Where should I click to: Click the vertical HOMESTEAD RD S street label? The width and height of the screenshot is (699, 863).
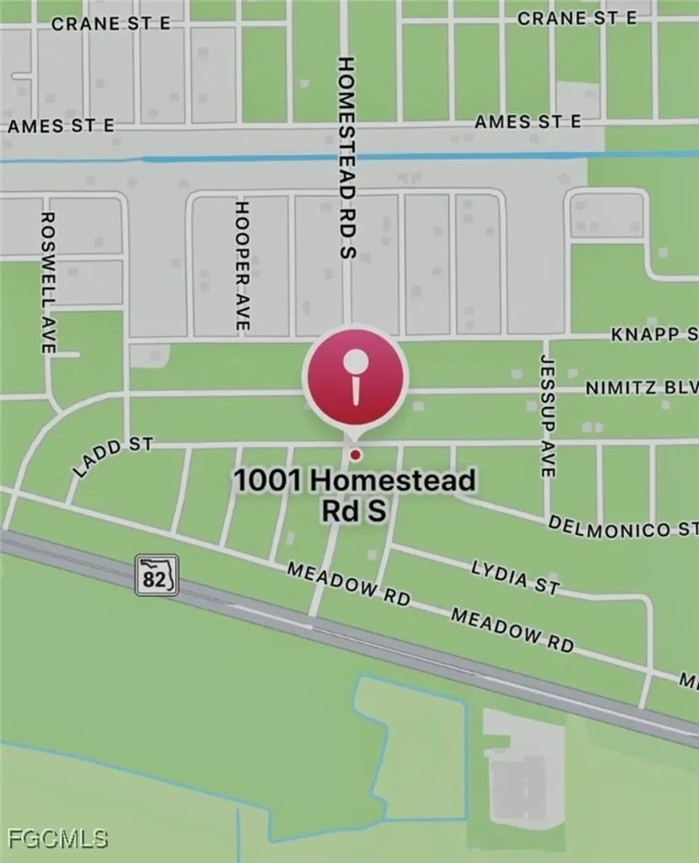tap(347, 158)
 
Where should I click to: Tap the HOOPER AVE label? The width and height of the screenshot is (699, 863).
tap(242, 265)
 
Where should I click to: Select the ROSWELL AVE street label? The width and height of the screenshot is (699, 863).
tap(48, 282)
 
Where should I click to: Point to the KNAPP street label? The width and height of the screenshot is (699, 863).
tap(654, 335)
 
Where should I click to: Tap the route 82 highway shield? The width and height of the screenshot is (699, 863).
tap(157, 576)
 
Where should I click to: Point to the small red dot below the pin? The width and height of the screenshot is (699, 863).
tap(355, 455)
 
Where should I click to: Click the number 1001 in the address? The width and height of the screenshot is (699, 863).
tap(267, 481)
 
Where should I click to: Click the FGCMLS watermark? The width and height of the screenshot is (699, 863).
tap(58, 839)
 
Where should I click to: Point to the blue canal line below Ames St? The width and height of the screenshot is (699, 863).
tap(337, 158)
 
